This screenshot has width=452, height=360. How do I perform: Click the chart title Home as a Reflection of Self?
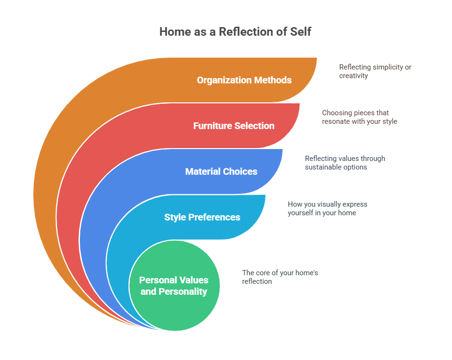pos(235,32)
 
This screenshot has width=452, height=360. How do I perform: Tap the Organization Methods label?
pos(244,80)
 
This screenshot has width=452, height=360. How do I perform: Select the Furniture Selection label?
pos(234,126)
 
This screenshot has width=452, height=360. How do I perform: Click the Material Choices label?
pos(221,171)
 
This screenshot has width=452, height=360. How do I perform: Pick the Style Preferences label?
pos(202,217)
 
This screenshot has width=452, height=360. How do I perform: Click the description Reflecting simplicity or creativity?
pos(375,71)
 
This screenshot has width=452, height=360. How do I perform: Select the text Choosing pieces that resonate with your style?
pos(359,117)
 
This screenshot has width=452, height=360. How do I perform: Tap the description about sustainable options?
pos(345,163)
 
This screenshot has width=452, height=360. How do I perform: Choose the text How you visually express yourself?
pos(327,209)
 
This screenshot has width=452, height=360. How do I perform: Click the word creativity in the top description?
pos(354,76)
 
